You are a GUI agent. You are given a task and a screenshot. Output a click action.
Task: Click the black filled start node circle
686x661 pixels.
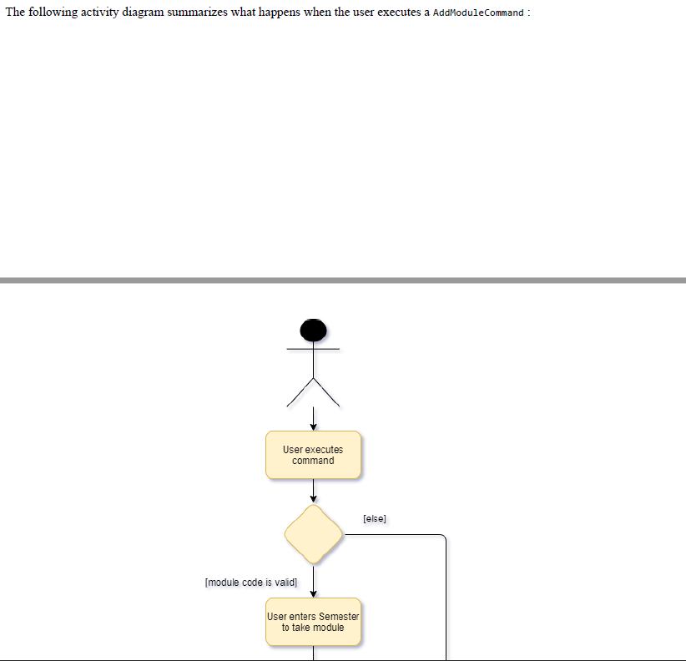(313, 330)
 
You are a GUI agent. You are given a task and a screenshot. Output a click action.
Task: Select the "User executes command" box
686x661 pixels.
(313, 455)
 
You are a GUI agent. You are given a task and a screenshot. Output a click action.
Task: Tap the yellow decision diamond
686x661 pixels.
(313, 534)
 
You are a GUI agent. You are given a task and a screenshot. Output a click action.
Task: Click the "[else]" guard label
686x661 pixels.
(375, 519)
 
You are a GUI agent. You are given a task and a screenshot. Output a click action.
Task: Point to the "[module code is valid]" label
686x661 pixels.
(250, 583)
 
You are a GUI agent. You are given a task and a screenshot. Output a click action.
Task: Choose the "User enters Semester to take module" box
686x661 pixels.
(313, 622)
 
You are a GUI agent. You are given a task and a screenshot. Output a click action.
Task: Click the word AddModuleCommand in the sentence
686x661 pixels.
(478, 13)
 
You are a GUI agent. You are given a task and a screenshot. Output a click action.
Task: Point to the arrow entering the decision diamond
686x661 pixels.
(313, 492)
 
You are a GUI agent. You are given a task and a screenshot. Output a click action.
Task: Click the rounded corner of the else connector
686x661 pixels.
(444, 537)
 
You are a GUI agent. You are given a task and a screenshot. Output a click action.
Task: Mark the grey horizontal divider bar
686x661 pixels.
(343, 280)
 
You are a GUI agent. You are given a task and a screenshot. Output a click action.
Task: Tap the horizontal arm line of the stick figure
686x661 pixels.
(313, 348)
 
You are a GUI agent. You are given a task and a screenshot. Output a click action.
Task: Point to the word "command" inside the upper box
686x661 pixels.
(313, 461)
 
